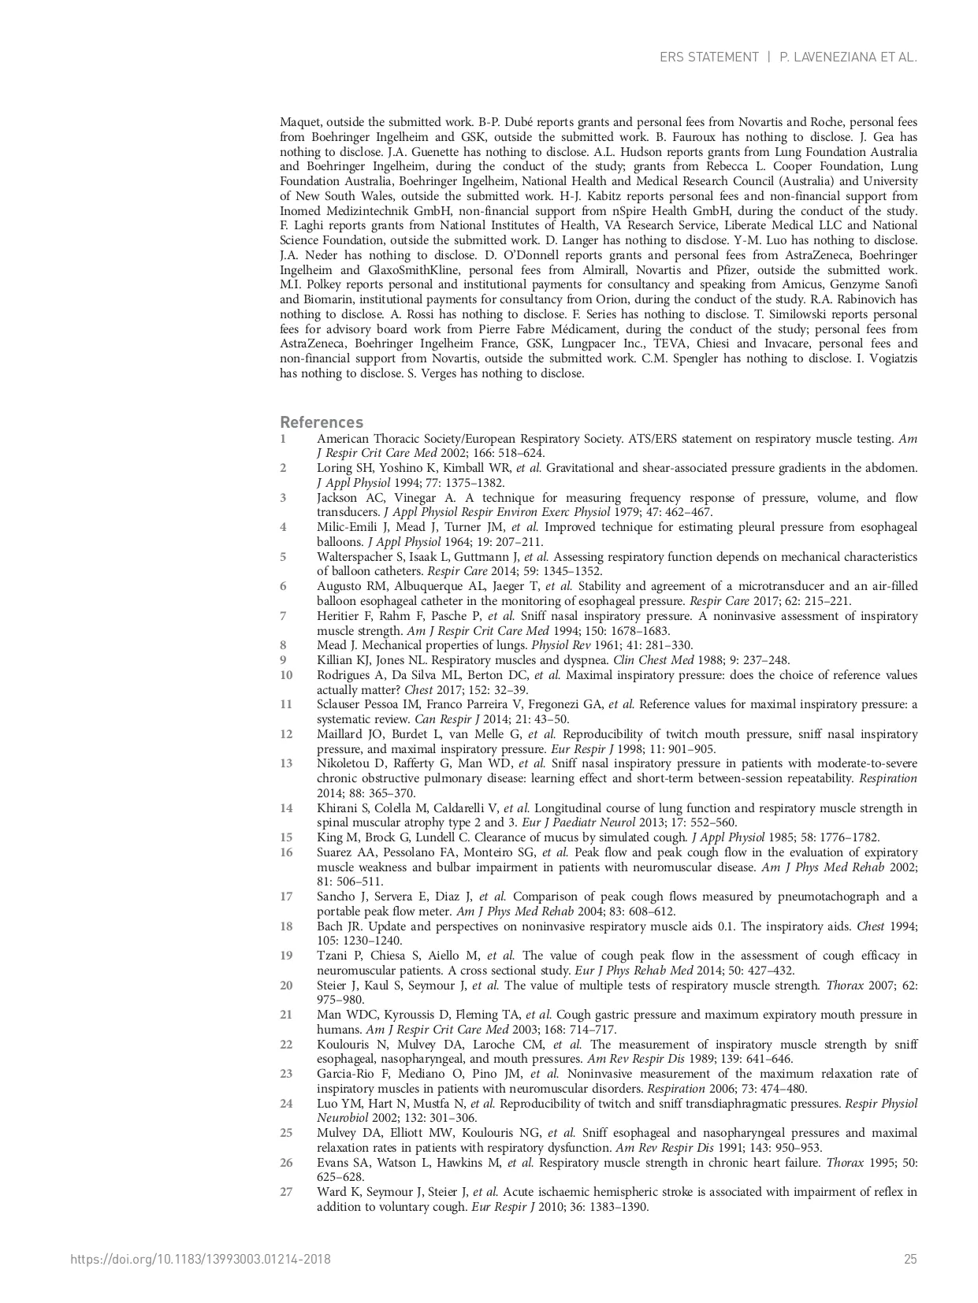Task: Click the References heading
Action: (322, 422)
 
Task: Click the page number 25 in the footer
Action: (910, 1259)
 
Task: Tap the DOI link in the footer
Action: (200, 1259)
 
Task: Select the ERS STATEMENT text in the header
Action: (708, 58)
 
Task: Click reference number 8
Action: (284, 645)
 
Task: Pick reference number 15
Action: (286, 837)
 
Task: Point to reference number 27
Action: (286, 1192)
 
